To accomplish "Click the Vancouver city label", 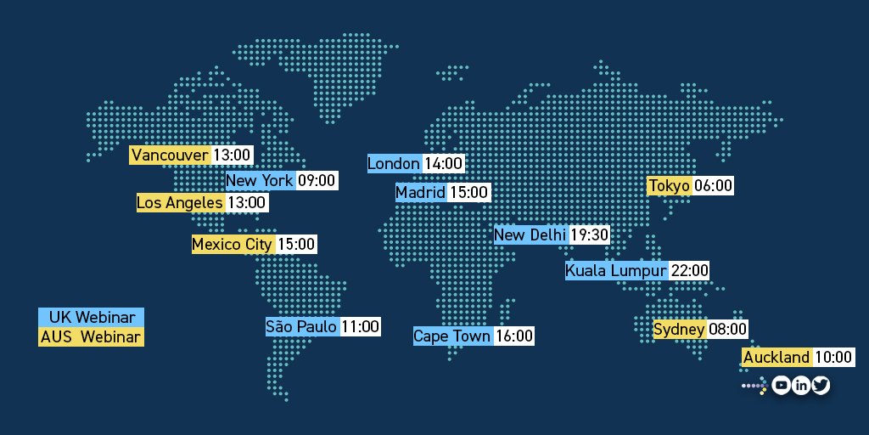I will pos(170,155).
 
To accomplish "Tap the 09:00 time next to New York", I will pos(317,180).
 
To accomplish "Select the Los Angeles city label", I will pos(180,202).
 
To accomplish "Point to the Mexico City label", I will pos(232,244).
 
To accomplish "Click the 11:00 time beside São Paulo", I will pos(360,326).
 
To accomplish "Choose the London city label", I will pos(394,163).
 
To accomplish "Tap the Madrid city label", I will pos(420,193).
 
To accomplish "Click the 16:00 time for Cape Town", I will pos(514,336).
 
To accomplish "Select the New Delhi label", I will pos(530,234).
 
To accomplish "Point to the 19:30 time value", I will pos(589,234).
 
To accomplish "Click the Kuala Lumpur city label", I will pos(616,270).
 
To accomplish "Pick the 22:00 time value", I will pos(689,270).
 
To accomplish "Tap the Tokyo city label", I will pos(669,185).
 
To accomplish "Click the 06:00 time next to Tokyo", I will pos(713,185).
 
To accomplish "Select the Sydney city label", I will pos(679,329).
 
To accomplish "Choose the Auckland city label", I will pos(776,357).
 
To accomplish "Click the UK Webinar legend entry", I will pos(92,317).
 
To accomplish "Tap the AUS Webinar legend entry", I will pos(92,337).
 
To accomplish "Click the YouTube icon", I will pos(781,386).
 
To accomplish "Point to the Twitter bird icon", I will pos(820,386).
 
